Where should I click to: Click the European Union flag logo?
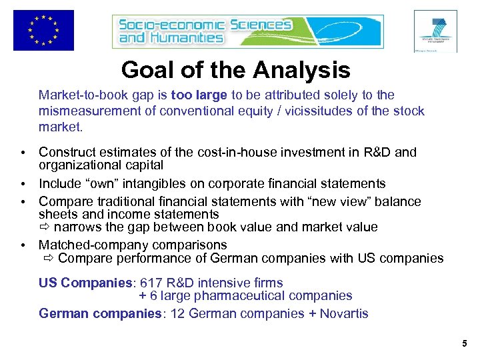43,30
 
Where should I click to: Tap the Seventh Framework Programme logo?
435,31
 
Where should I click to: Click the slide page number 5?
465,344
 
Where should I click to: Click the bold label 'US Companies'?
77,283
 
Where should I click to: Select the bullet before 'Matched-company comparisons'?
23,245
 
